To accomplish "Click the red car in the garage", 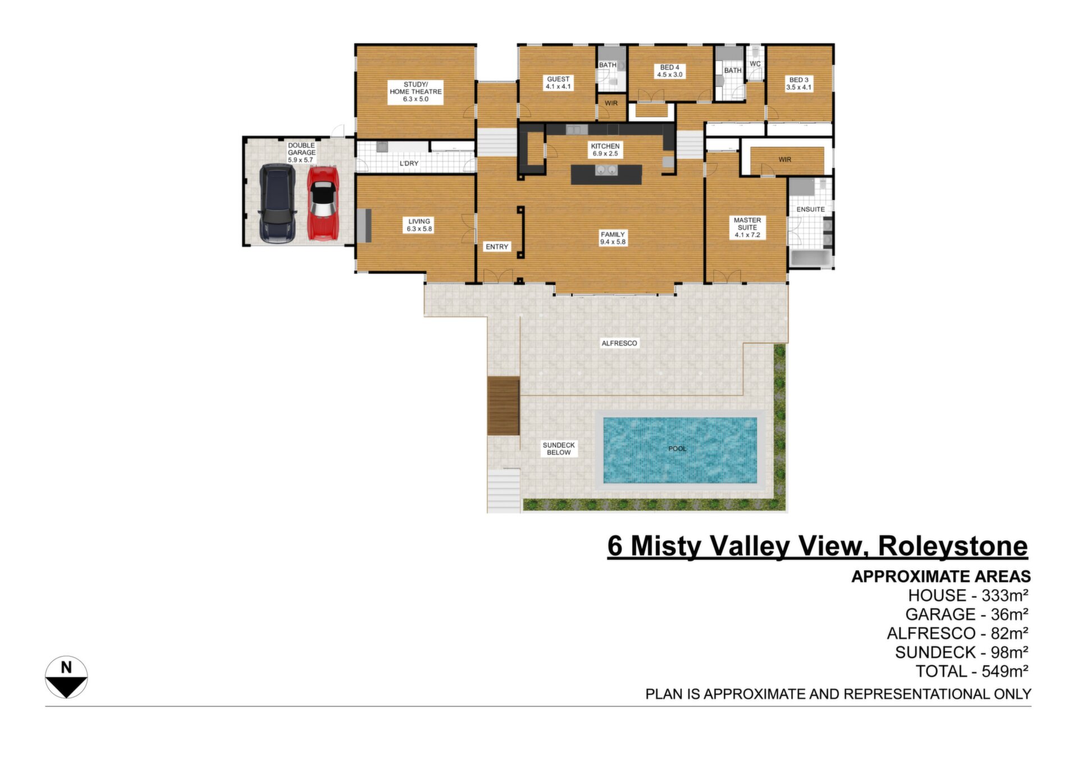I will tap(323, 202).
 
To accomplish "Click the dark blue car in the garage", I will tap(277, 203).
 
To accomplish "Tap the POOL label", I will tap(677, 449).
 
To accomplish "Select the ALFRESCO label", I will tap(619, 343).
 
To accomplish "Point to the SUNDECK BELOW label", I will tap(559, 449).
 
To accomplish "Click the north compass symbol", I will tap(66, 677).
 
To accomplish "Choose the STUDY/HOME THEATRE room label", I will tap(415, 92).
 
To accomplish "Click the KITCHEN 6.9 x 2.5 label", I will tap(605, 149).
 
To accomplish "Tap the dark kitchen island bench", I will tap(606, 174).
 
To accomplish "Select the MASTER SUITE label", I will tap(747, 227).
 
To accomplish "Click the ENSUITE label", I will tap(810, 209).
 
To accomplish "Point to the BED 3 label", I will tap(798, 84).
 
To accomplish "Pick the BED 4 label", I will tap(670, 71).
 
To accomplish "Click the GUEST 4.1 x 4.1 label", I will tap(558, 83).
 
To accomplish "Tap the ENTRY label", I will tap(497, 247).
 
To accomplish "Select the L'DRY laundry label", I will tap(409, 163).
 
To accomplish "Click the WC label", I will tap(755, 64).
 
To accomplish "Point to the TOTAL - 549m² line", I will tap(971, 671).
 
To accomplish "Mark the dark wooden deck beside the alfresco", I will tap(503, 406).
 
